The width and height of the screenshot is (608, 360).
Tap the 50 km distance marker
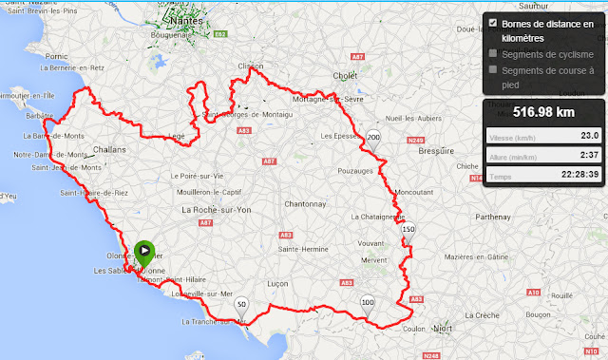click(x=241, y=305)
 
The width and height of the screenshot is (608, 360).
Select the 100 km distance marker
click(x=368, y=303)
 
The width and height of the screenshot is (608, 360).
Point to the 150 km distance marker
click(x=408, y=230)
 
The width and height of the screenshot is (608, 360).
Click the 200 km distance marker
click(x=373, y=138)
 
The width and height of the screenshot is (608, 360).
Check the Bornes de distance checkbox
click(x=492, y=23)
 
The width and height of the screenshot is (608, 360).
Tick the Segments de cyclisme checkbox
click(x=492, y=54)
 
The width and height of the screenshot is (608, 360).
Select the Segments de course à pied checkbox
click(x=492, y=70)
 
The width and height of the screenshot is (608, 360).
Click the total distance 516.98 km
click(x=544, y=112)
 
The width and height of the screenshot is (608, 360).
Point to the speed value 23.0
click(x=588, y=136)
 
